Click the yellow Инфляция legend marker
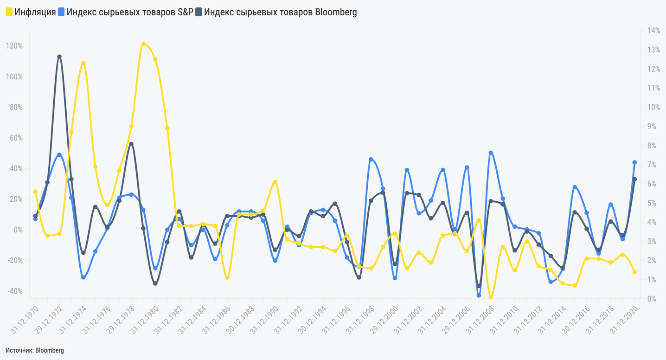coord(9,13)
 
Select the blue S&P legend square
coord(61,13)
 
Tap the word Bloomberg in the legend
coord(336,13)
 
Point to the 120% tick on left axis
coord(14,46)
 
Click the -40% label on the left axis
coord(14,291)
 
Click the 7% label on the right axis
coord(653,165)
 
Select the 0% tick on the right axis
coord(653,299)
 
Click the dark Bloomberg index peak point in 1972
coord(59,57)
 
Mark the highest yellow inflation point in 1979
coord(143,44)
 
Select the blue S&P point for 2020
coord(634,162)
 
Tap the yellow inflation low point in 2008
coord(491,297)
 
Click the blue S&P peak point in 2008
coord(491,153)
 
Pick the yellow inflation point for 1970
coord(35,192)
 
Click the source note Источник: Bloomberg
coord(35,350)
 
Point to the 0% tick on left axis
coord(18,230)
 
